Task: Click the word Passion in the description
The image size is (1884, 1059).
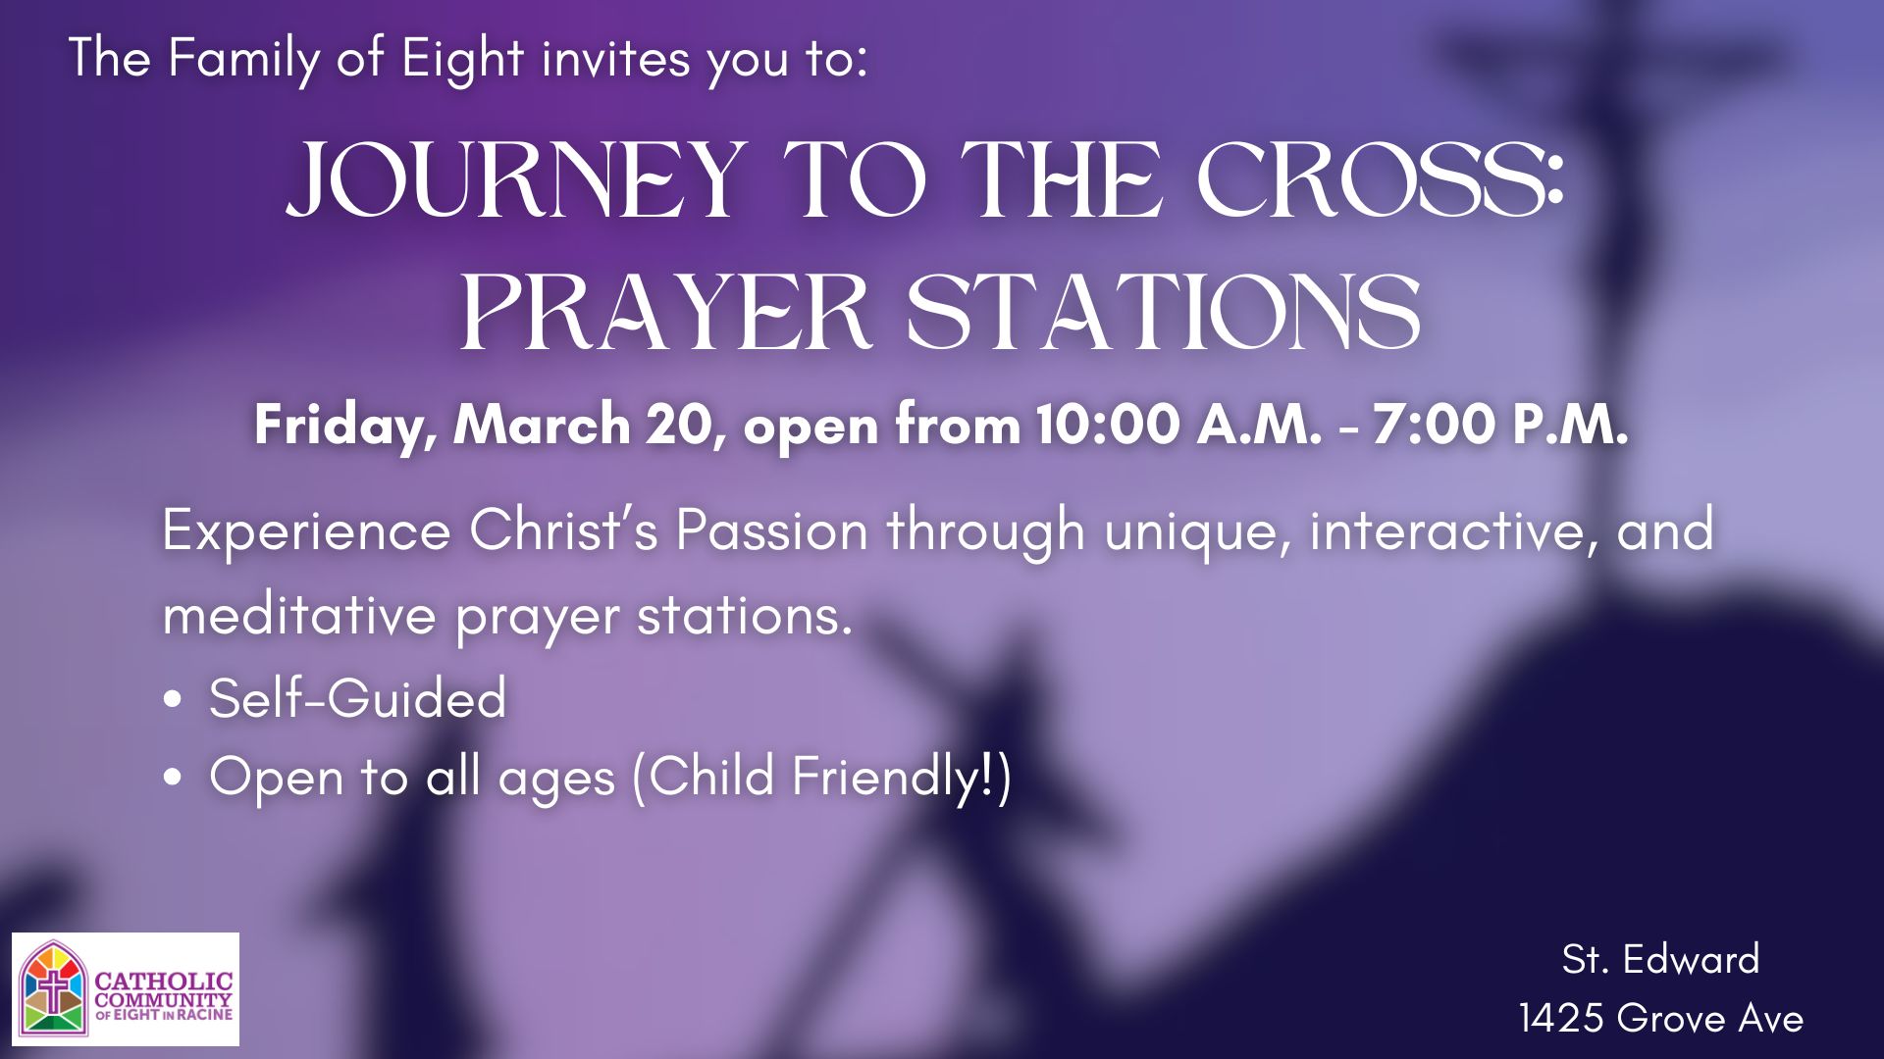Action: pos(772,531)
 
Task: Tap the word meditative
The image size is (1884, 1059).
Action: pos(299,616)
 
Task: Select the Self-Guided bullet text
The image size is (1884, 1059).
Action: pos(358,698)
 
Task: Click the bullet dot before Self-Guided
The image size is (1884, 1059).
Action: pos(174,699)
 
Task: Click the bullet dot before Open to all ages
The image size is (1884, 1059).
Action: pos(174,778)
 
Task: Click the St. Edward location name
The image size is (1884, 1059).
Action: pos(1660,959)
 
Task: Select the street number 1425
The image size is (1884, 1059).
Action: pos(1562,1018)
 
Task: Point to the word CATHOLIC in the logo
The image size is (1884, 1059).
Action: pos(164,981)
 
